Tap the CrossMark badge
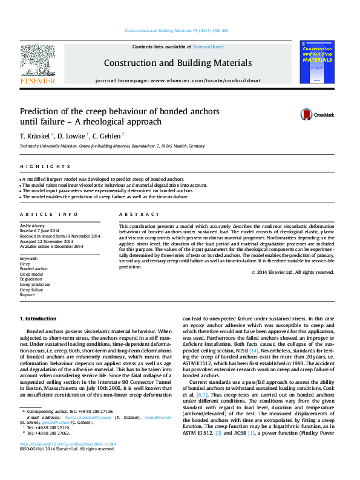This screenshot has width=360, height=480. pos(318,115)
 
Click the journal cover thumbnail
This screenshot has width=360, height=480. pos(317,60)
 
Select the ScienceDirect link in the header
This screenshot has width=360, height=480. pos(208,47)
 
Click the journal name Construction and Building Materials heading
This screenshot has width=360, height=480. pos(178,63)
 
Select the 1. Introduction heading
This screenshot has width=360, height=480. pos(39,318)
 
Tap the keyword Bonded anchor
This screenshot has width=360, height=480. pos(34,268)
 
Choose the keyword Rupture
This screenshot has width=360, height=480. pos(28,296)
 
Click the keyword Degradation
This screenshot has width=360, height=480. pos(33,279)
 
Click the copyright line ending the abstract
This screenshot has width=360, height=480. pos(292,272)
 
